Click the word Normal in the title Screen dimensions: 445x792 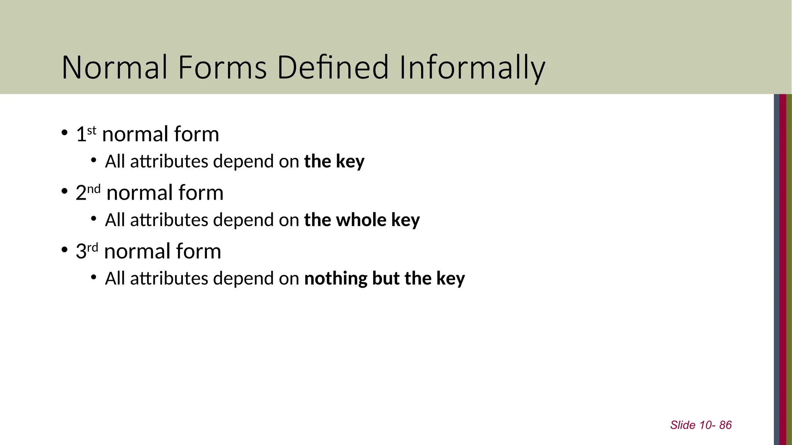115,68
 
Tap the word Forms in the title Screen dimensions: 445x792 222,68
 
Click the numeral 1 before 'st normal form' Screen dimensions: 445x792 81,134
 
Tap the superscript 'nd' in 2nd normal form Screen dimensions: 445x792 94,189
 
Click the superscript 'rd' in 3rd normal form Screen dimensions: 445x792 92,247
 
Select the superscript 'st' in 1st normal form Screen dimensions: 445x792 92,131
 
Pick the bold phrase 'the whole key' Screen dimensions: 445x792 362,220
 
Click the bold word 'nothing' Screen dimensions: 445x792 336,279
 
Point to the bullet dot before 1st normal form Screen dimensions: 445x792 65,133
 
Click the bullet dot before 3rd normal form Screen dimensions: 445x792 65,250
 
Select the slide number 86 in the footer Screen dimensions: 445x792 725,425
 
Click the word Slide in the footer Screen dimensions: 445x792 683,425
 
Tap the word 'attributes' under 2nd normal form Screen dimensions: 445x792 169,220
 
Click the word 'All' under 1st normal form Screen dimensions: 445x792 115,161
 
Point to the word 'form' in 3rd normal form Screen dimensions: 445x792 198,251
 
